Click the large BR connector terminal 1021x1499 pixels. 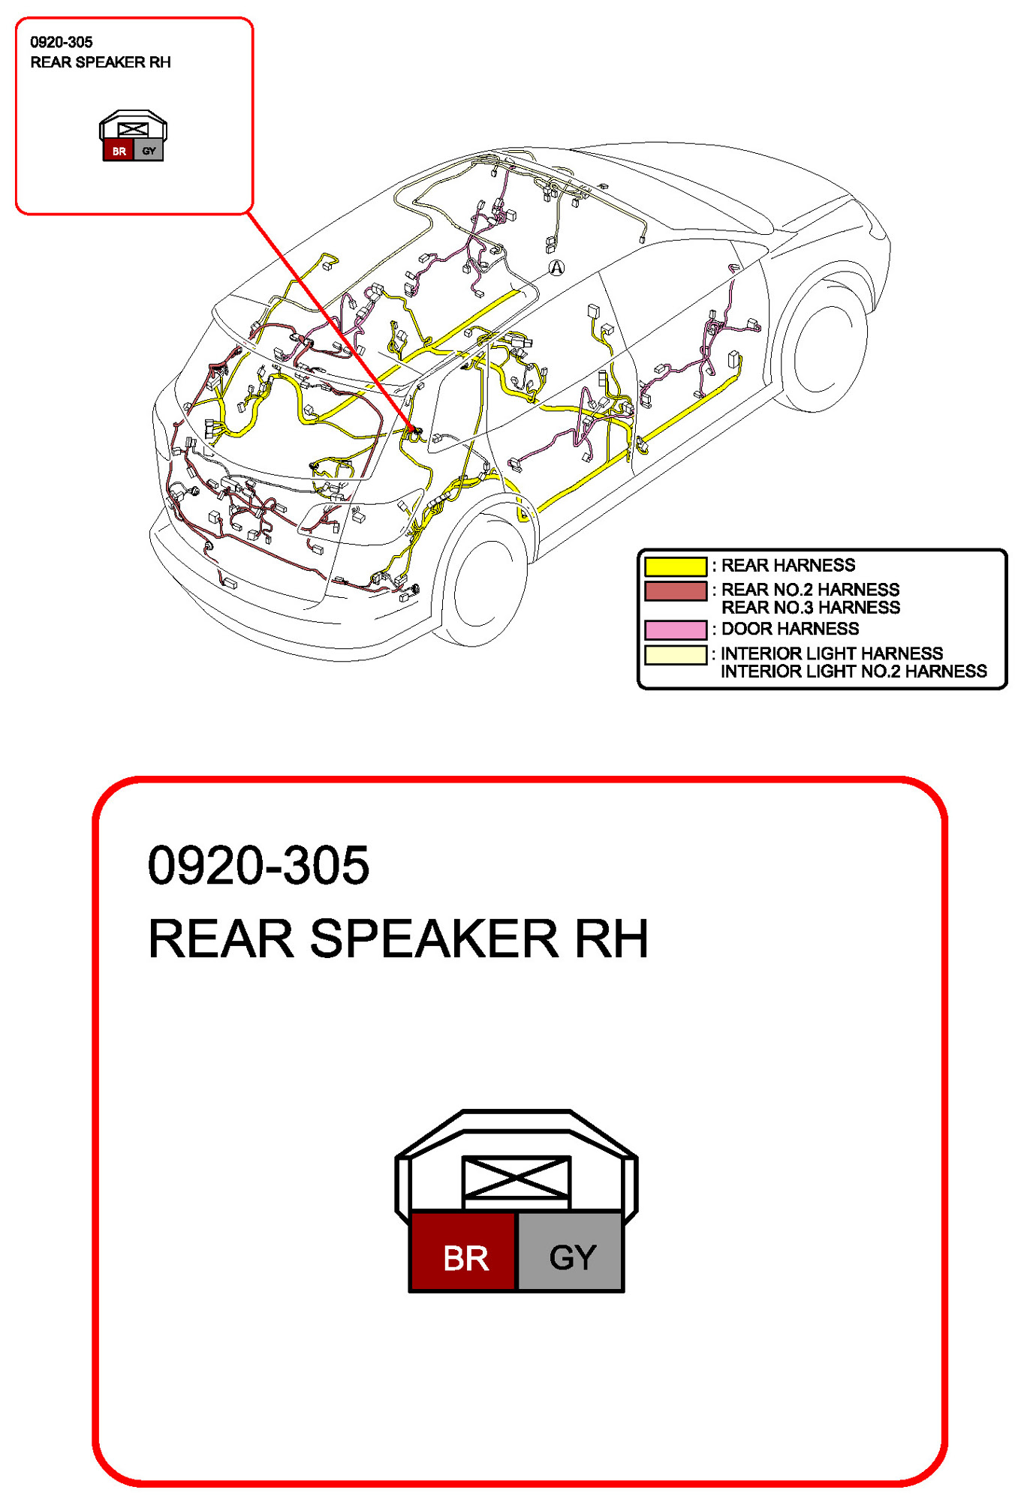(464, 1251)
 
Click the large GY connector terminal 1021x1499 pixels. (571, 1251)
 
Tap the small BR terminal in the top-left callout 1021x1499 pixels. (119, 151)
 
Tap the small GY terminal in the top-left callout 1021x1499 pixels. (149, 151)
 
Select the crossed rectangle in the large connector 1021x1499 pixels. (516, 1178)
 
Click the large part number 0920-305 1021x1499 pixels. (258, 865)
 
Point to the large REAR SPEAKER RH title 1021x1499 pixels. (398, 939)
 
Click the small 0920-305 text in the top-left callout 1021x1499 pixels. (62, 42)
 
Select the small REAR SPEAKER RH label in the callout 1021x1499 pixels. (101, 62)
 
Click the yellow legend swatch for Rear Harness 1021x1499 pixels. (675, 566)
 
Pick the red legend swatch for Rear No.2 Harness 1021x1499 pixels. (675, 591)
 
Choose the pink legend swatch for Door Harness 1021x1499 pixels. (675, 629)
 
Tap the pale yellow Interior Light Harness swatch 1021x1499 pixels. (675, 654)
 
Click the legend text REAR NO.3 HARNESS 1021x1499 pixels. (810, 608)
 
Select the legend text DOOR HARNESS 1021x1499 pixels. (790, 629)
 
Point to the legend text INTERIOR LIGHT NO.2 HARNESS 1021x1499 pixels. (854, 671)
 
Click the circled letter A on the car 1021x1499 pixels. (556, 267)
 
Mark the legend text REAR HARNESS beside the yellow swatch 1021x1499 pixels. (788, 566)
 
